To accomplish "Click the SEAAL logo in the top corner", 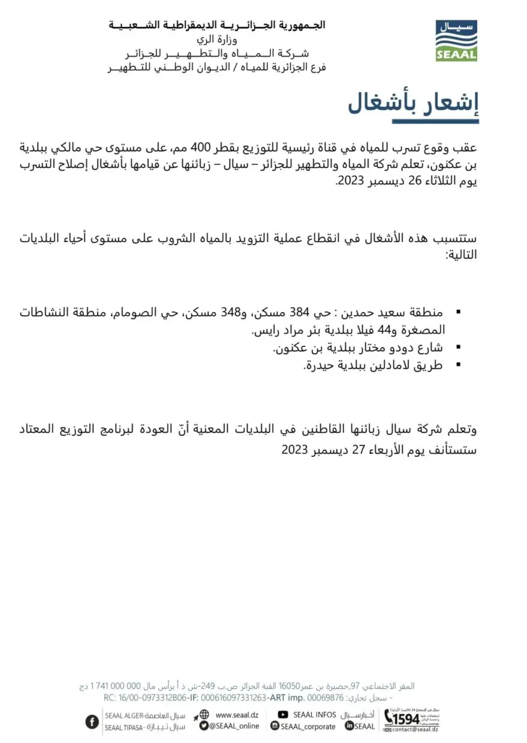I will tap(456, 41).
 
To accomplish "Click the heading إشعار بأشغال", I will tap(413, 104).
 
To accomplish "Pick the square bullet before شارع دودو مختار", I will tap(459, 347).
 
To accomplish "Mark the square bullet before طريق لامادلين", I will tap(459, 364).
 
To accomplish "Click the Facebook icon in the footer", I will tap(92, 721).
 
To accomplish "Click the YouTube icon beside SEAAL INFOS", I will tap(282, 715).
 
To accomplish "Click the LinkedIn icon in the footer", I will tap(349, 726).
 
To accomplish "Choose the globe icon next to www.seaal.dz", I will tap(204, 714).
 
